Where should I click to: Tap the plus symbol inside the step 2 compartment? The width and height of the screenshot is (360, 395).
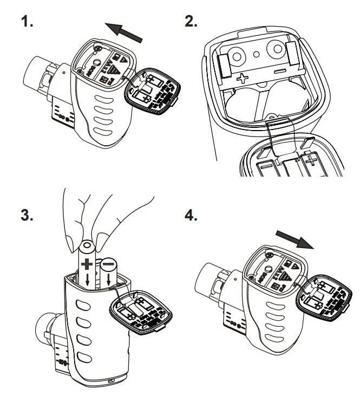tap(242, 77)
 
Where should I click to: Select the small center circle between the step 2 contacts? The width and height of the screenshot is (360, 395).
tap(258, 54)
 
